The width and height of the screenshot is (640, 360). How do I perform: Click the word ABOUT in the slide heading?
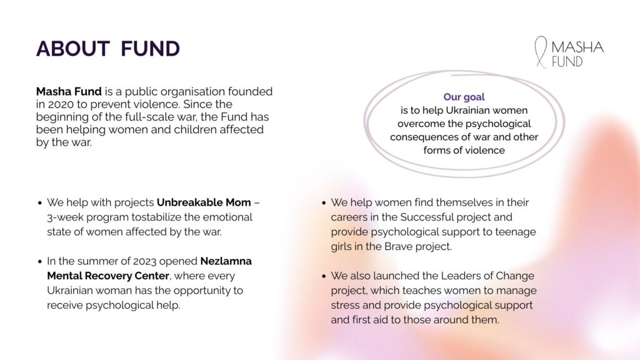(73, 49)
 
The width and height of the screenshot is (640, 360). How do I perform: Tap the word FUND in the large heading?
(150, 49)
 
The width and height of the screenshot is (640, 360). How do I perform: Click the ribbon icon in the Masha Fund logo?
(541, 52)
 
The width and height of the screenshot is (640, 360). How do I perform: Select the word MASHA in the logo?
(577, 47)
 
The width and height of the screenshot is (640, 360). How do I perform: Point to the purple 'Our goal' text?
(464, 97)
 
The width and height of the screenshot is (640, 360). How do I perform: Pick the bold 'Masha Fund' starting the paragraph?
(69, 91)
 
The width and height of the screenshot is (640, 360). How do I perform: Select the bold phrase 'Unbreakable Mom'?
(204, 202)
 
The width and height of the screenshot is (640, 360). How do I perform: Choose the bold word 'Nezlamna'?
(226, 261)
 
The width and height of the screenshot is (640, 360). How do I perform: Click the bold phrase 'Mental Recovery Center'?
(107, 276)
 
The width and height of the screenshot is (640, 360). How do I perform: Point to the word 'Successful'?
(426, 217)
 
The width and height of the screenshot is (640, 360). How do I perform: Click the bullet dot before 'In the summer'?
(39, 262)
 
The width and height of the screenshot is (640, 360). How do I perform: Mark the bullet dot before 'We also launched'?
(324, 276)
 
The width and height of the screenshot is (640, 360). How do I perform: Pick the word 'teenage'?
(516, 232)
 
